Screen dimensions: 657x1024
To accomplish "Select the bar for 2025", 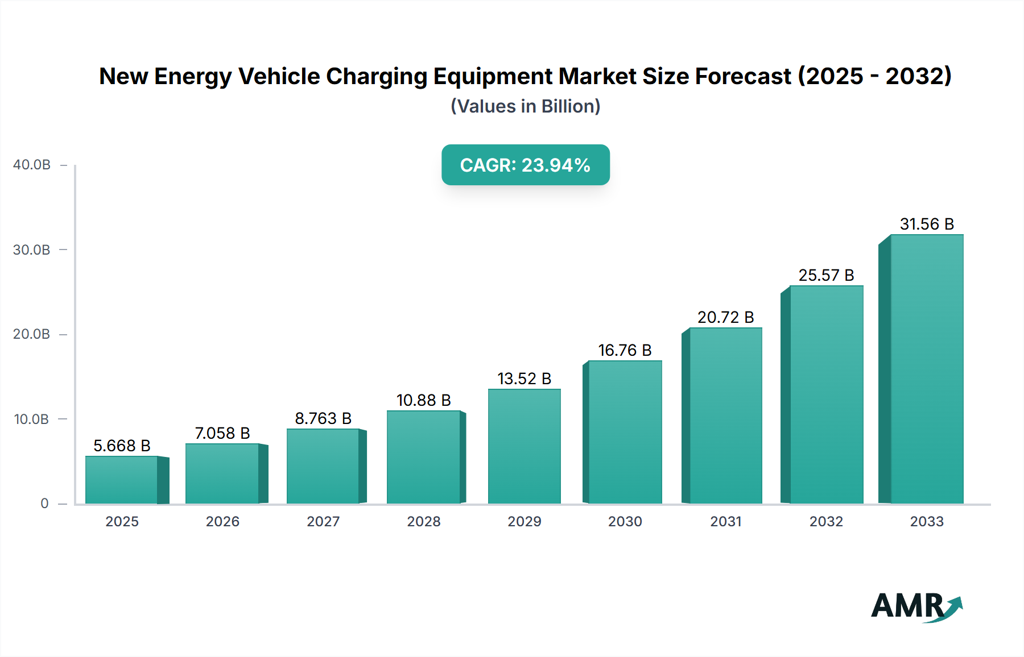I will [x=122, y=480].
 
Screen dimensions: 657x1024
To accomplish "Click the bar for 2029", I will [x=524, y=447].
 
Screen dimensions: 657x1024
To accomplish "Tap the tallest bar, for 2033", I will [x=926, y=369].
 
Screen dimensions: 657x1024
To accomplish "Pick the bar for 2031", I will [x=725, y=416].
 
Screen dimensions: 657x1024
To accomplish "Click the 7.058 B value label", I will [x=222, y=433].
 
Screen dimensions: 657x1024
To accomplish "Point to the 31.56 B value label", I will [x=926, y=224].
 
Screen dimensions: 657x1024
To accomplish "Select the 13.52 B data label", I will [x=524, y=379].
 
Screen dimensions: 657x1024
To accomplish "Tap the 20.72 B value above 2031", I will [x=725, y=317].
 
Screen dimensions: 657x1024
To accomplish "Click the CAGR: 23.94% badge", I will [x=525, y=165].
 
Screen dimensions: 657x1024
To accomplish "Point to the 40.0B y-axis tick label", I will [x=32, y=165].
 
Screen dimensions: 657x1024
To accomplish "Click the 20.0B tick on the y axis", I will [x=32, y=334].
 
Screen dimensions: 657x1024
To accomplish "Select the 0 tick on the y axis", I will [x=44, y=504].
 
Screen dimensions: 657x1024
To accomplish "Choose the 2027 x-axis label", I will [x=323, y=521].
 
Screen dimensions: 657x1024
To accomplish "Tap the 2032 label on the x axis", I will [x=826, y=521].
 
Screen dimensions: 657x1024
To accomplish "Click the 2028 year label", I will [x=424, y=521].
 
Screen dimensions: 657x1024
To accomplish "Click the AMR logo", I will [x=916, y=606].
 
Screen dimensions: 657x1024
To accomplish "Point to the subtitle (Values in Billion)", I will [x=525, y=106].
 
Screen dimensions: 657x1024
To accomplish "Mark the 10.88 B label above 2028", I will [x=424, y=400].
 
